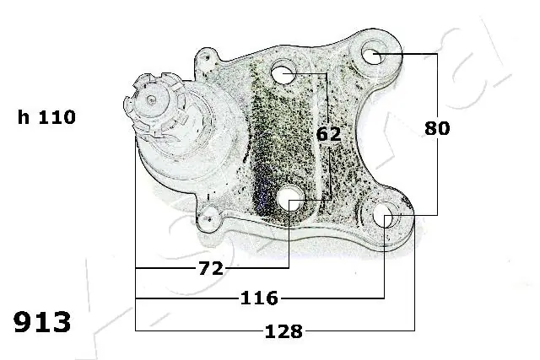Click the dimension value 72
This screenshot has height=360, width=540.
(212, 268)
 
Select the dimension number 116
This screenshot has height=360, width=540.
(260, 298)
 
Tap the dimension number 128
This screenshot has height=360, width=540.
(283, 331)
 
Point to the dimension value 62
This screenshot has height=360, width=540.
(329, 134)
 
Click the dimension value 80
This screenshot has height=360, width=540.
(437, 128)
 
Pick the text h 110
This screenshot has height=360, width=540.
(47, 118)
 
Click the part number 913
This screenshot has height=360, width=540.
(42, 323)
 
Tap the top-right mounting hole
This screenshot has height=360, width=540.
(374, 56)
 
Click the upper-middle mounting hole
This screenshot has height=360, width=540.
(284, 74)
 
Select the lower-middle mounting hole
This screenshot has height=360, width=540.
(290, 199)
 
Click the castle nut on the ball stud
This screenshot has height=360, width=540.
(153, 105)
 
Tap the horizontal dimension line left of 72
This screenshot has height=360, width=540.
(165, 268)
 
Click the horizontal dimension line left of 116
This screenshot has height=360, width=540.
(186, 298)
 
